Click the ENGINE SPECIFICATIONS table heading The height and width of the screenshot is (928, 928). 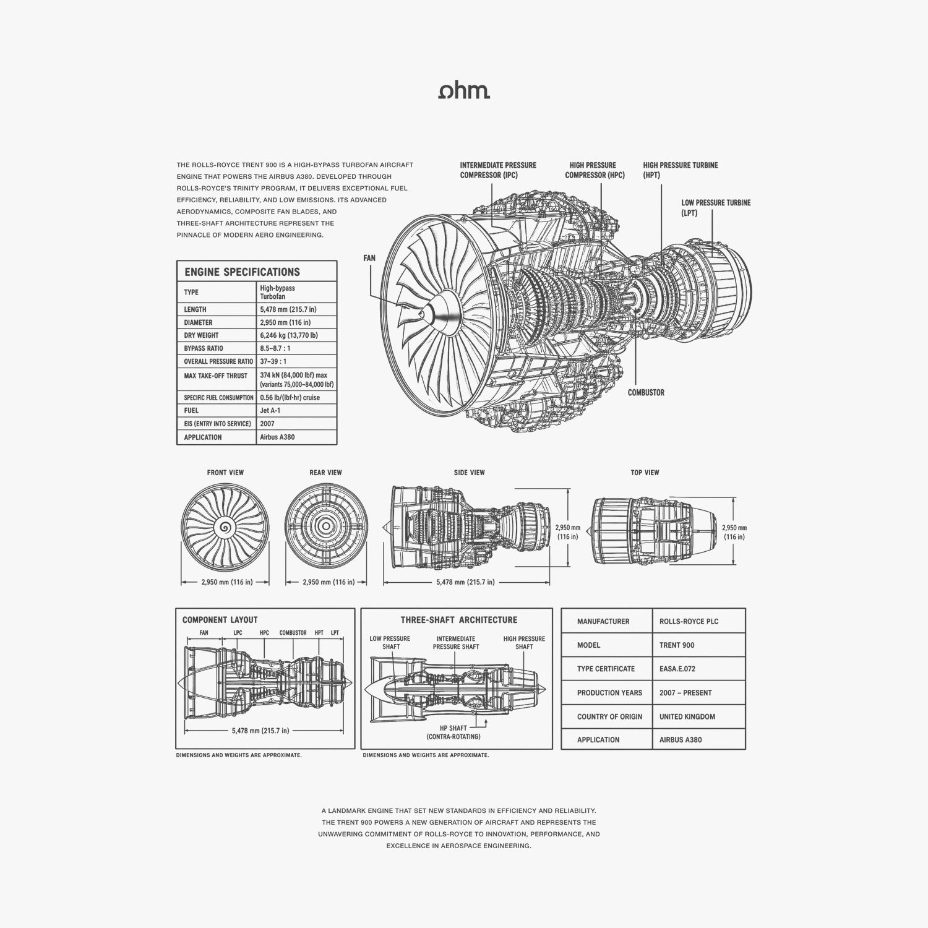[x=242, y=272]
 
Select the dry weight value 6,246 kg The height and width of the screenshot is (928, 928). [x=288, y=335]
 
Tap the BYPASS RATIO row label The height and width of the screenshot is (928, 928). [x=204, y=348]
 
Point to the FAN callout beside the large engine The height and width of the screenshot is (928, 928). [x=369, y=258]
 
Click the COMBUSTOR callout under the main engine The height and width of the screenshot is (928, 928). [x=646, y=393]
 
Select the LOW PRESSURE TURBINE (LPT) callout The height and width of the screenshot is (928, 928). [x=716, y=208]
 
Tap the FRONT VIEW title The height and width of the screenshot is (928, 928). [x=225, y=473]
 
